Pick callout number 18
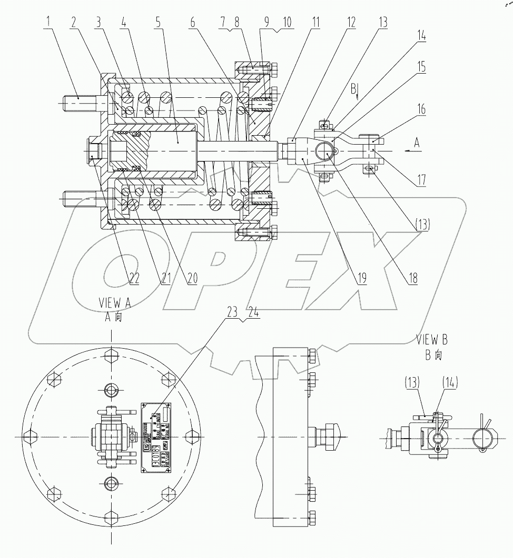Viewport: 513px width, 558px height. click(x=412, y=278)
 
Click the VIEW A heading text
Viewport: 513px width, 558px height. click(x=113, y=303)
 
